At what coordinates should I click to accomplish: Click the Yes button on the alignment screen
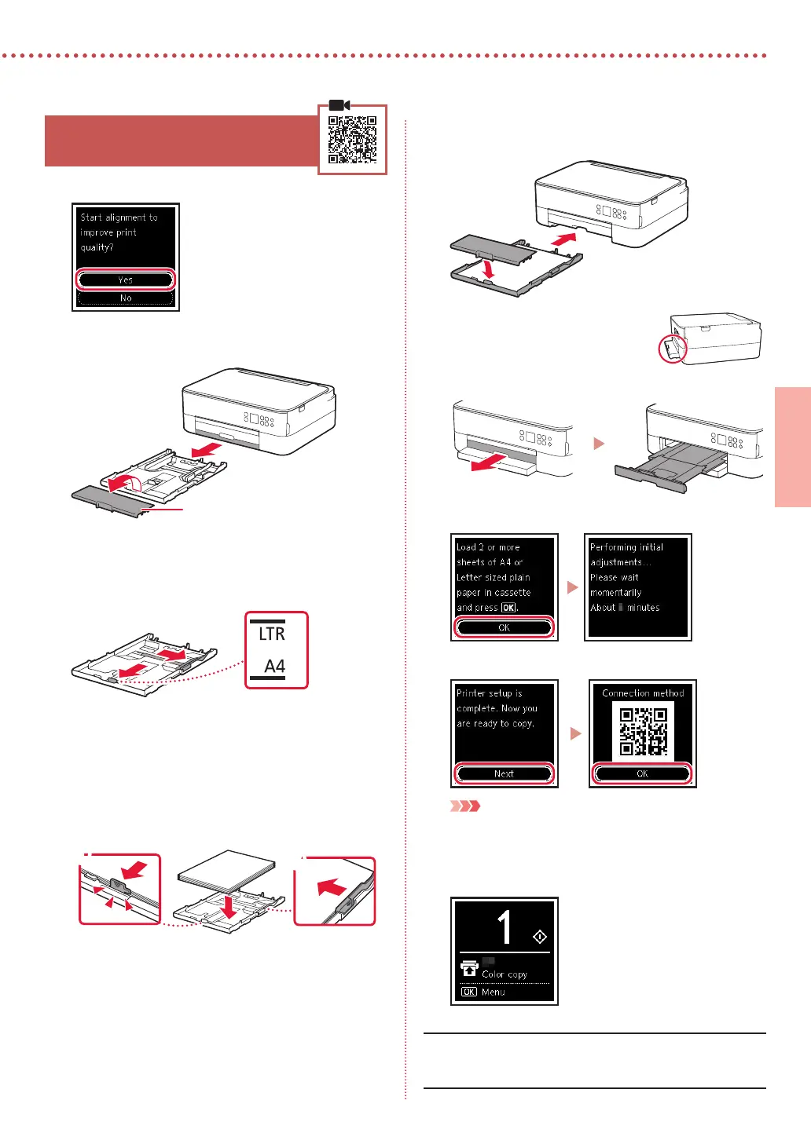[x=126, y=280]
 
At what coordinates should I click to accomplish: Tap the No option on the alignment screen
[x=126, y=298]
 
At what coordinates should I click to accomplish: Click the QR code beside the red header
[x=352, y=140]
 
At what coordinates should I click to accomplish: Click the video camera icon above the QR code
[x=339, y=105]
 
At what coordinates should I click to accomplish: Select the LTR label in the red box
[x=272, y=634]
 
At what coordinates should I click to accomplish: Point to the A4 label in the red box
[x=274, y=667]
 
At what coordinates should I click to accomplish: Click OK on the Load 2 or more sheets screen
[x=504, y=627]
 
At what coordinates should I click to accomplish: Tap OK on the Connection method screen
[x=642, y=773]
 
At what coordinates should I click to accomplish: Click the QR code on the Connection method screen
[x=643, y=731]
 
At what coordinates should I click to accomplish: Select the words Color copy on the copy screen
[x=505, y=974]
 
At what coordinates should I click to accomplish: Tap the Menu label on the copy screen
[x=494, y=992]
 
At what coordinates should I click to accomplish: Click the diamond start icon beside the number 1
[x=539, y=937]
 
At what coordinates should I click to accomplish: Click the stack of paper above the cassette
[x=226, y=869]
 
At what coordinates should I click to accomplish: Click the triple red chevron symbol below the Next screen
[x=464, y=806]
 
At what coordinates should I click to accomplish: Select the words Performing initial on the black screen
[x=626, y=547]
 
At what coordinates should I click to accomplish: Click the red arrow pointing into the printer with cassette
[x=563, y=238]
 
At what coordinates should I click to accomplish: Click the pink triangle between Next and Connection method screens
[x=575, y=733]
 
